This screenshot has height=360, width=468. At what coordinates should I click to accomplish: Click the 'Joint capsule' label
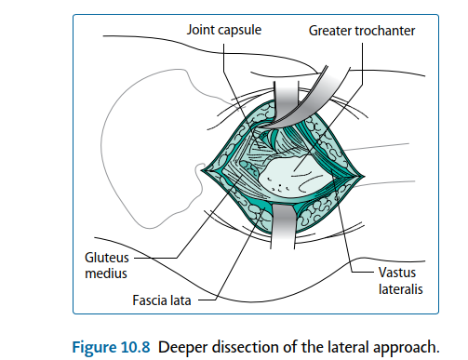pyautogui.click(x=224, y=31)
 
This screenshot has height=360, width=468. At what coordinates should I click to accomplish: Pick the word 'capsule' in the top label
pyautogui.click(x=239, y=31)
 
